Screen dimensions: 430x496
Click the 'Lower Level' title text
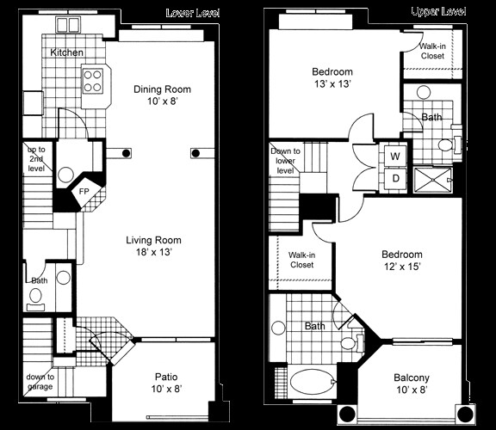(194, 13)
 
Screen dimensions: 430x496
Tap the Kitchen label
(67, 53)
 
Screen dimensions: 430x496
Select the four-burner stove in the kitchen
(93, 81)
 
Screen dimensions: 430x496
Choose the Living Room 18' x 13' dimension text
(154, 254)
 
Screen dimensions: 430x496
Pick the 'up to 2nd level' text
(37, 160)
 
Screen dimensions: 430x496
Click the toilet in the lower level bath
(35, 298)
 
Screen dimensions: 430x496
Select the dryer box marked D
(394, 178)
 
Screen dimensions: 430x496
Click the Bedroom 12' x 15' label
(402, 261)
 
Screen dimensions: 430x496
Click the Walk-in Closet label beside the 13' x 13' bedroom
(432, 51)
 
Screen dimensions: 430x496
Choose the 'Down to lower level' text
(287, 161)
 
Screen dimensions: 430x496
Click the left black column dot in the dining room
(127, 153)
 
